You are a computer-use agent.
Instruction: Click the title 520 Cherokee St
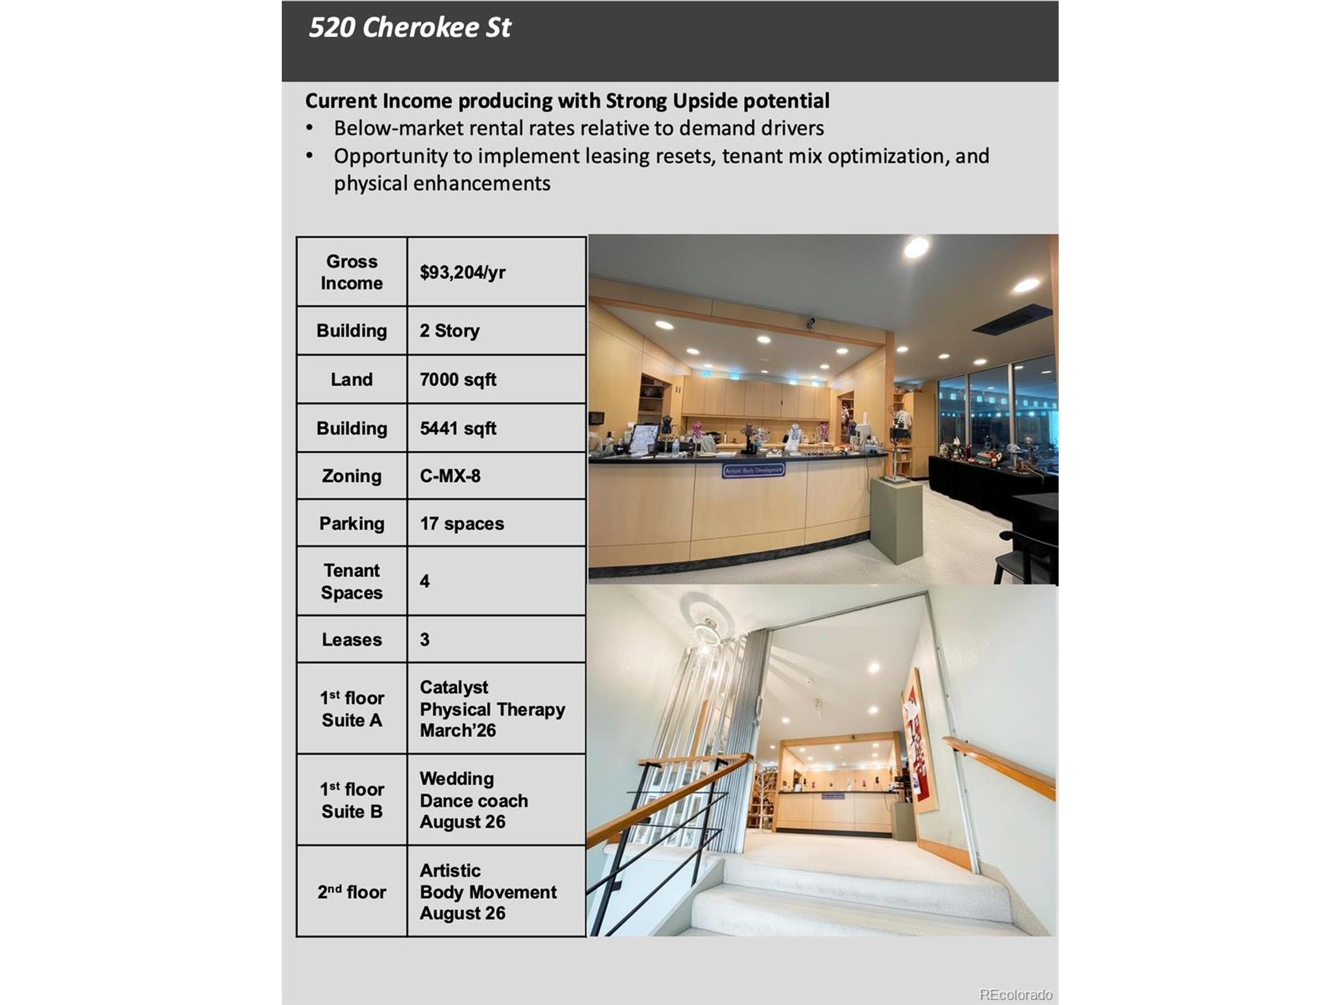pos(410,28)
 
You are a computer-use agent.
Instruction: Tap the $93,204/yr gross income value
pos(462,273)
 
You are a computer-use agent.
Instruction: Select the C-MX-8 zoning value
pos(450,476)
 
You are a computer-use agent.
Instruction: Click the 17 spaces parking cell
pos(461,523)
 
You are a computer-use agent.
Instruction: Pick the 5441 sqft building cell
pos(458,428)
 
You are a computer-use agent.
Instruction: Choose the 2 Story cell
pos(449,331)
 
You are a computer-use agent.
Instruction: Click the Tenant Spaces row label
pos(351,582)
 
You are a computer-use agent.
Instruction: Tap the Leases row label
pos(351,640)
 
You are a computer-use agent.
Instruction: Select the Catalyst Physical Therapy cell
pos(492,709)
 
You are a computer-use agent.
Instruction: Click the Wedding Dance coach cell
pos(474,800)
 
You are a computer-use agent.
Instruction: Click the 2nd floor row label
pos(351,892)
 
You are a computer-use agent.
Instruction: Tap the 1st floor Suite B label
pos(351,800)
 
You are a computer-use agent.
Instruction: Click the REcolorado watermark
pos(1016,995)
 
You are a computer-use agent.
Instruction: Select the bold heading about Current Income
pos(567,100)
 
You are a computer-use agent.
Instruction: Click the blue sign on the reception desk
pos(754,470)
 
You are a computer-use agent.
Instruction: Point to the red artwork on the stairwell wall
pos(918,736)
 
